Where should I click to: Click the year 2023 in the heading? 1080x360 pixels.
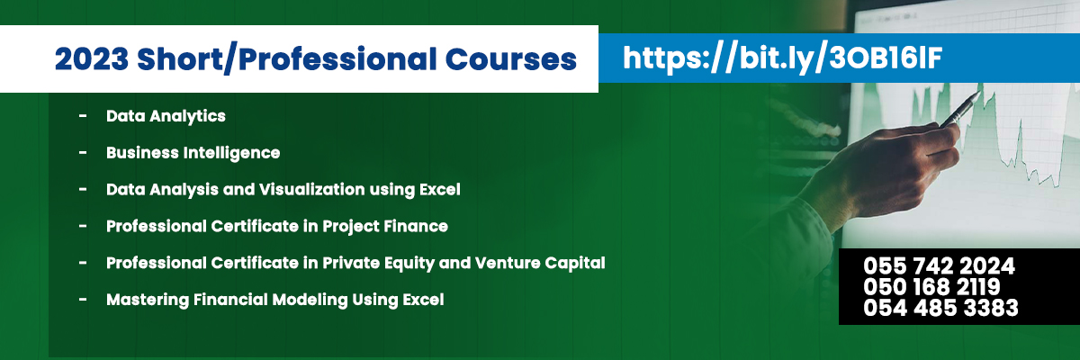[92, 59]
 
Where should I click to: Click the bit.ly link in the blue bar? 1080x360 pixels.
[782, 58]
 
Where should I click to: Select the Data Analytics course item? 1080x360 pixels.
[166, 116]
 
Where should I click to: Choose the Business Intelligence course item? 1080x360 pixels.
[193, 153]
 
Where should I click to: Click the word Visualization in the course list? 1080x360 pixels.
[311, 189]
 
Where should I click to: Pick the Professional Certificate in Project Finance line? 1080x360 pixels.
[277, 226]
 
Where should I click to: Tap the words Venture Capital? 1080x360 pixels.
[540, 263]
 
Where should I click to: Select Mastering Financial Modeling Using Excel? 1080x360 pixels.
[274, 300]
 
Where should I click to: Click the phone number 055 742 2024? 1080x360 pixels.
[939, 266]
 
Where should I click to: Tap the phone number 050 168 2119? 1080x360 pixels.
[931, 287]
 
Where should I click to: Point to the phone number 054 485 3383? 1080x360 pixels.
[940, 308]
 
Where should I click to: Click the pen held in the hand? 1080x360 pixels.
[959, 110]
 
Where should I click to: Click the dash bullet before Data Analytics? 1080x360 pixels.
[83, 116]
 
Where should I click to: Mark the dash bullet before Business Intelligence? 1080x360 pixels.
[83, 152]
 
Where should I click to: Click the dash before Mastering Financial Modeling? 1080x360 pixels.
[83, 300]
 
